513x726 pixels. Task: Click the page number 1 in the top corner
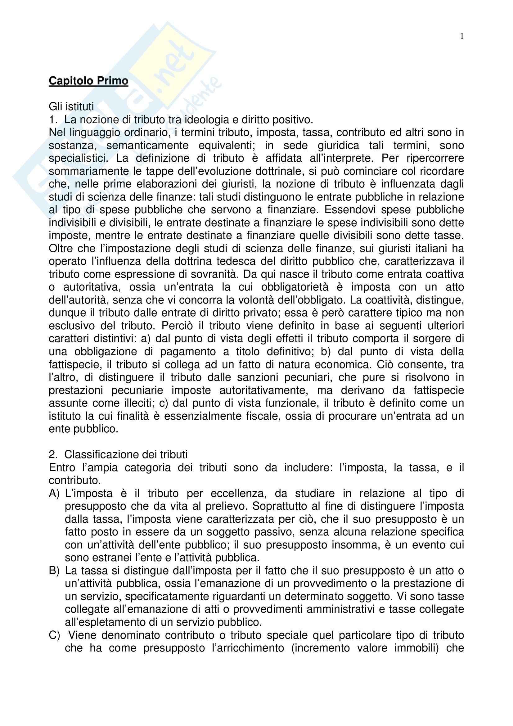click(x=462, y=36)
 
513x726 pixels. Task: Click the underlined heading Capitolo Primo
click(x=88, y=81)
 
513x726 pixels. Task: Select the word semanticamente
click(x=147, y=146)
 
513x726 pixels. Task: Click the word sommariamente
click(x=84, y=171)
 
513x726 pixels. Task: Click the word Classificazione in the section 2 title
click(x=102, y=455)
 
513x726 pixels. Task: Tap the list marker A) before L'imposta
click(x=54, y=493)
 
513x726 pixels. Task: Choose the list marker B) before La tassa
click(x=54, y=571)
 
